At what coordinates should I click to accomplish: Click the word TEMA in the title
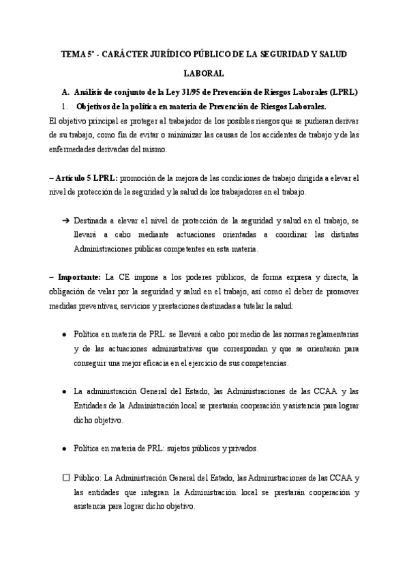click(72, 53)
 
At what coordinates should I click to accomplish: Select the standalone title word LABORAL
click(204, 72)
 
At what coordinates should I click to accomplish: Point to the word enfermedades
click(76, 150)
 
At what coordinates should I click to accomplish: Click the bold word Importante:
click(79, 277)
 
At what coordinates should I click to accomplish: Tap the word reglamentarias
click(335, 335)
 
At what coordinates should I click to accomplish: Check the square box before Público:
click(65, 477)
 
